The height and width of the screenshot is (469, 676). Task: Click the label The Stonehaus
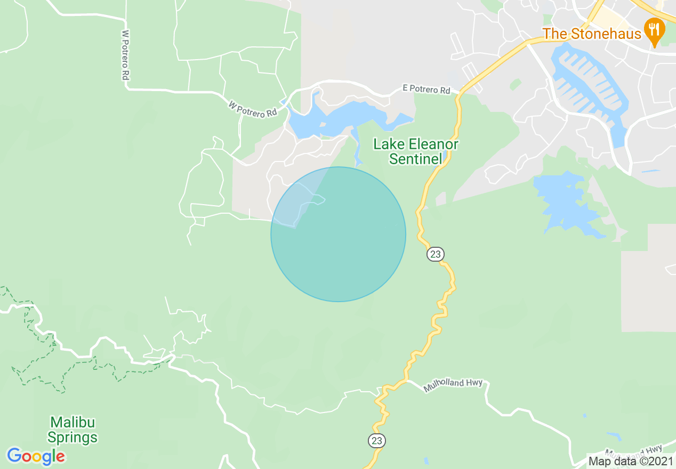coord(592,34)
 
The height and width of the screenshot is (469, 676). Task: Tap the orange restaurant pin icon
coord(654,31)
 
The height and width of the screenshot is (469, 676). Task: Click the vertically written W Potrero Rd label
coord(125,55)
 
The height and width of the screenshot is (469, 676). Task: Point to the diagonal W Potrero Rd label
coord(253,109)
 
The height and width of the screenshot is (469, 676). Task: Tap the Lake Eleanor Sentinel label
coord(415,151)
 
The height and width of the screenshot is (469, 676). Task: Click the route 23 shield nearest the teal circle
coord(436,254)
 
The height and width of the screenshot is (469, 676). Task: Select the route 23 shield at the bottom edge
coord(376,441)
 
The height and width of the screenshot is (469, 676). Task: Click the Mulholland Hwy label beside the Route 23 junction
coord(453,385)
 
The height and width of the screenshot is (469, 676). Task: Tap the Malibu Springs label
coord(73,430)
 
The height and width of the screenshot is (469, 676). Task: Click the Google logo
coord(36,456)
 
